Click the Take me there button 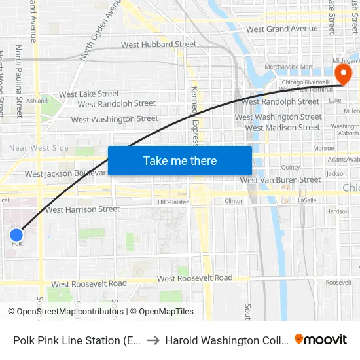pos(180,160)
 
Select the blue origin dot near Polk pos(17,234)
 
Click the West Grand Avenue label pos(281,29)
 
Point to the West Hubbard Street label pos(158,45)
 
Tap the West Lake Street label pos(89,94)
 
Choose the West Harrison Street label pos(82,209)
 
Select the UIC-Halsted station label pos(173,202)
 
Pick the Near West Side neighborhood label pos(39,148)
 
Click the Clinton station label pos(234,202)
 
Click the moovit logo pos(321,339)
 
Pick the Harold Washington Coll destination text pos(226,340)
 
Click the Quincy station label pos(290,167)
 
